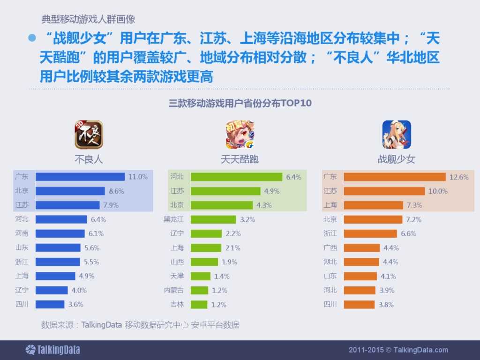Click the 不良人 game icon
(89, 135)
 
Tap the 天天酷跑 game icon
(240, 135)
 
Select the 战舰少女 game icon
(397, 135)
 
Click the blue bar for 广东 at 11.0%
(80, 177)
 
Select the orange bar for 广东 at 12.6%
(395, 177)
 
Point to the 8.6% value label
(116, 191)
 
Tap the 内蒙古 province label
(173, 290)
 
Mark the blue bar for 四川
(50, 304)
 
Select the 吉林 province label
(177, 304)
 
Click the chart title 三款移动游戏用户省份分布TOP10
(240, 103)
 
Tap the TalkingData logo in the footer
(52, 350)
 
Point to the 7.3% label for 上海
(414, 205)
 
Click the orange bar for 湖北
(361, 262)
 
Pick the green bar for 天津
(201, 276)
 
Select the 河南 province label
(22, 233)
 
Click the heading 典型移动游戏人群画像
(88, 20)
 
